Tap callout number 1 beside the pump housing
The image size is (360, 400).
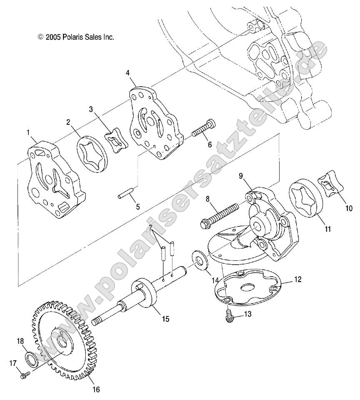point(28,133)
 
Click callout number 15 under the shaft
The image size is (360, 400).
point(154,319)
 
